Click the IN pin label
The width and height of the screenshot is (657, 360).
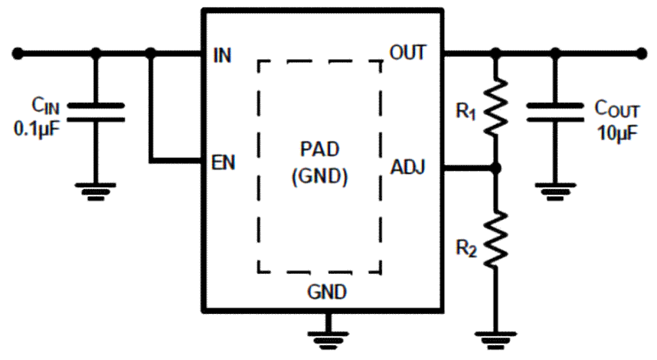(222, 56)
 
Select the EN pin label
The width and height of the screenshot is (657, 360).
(223, 163)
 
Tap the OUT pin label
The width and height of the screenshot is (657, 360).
(407, 52)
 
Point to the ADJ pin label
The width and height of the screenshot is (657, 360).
(408, 168)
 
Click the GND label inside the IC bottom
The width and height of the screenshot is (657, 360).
(327, 291)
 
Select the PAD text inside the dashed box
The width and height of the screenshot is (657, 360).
(319, 151)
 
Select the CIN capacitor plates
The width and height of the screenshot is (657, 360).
(96, 111)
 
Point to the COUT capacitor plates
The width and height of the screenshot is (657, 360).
(555, 112)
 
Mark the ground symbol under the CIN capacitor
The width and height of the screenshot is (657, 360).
(96, 191)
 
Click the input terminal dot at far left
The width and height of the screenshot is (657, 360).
(18, 52)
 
